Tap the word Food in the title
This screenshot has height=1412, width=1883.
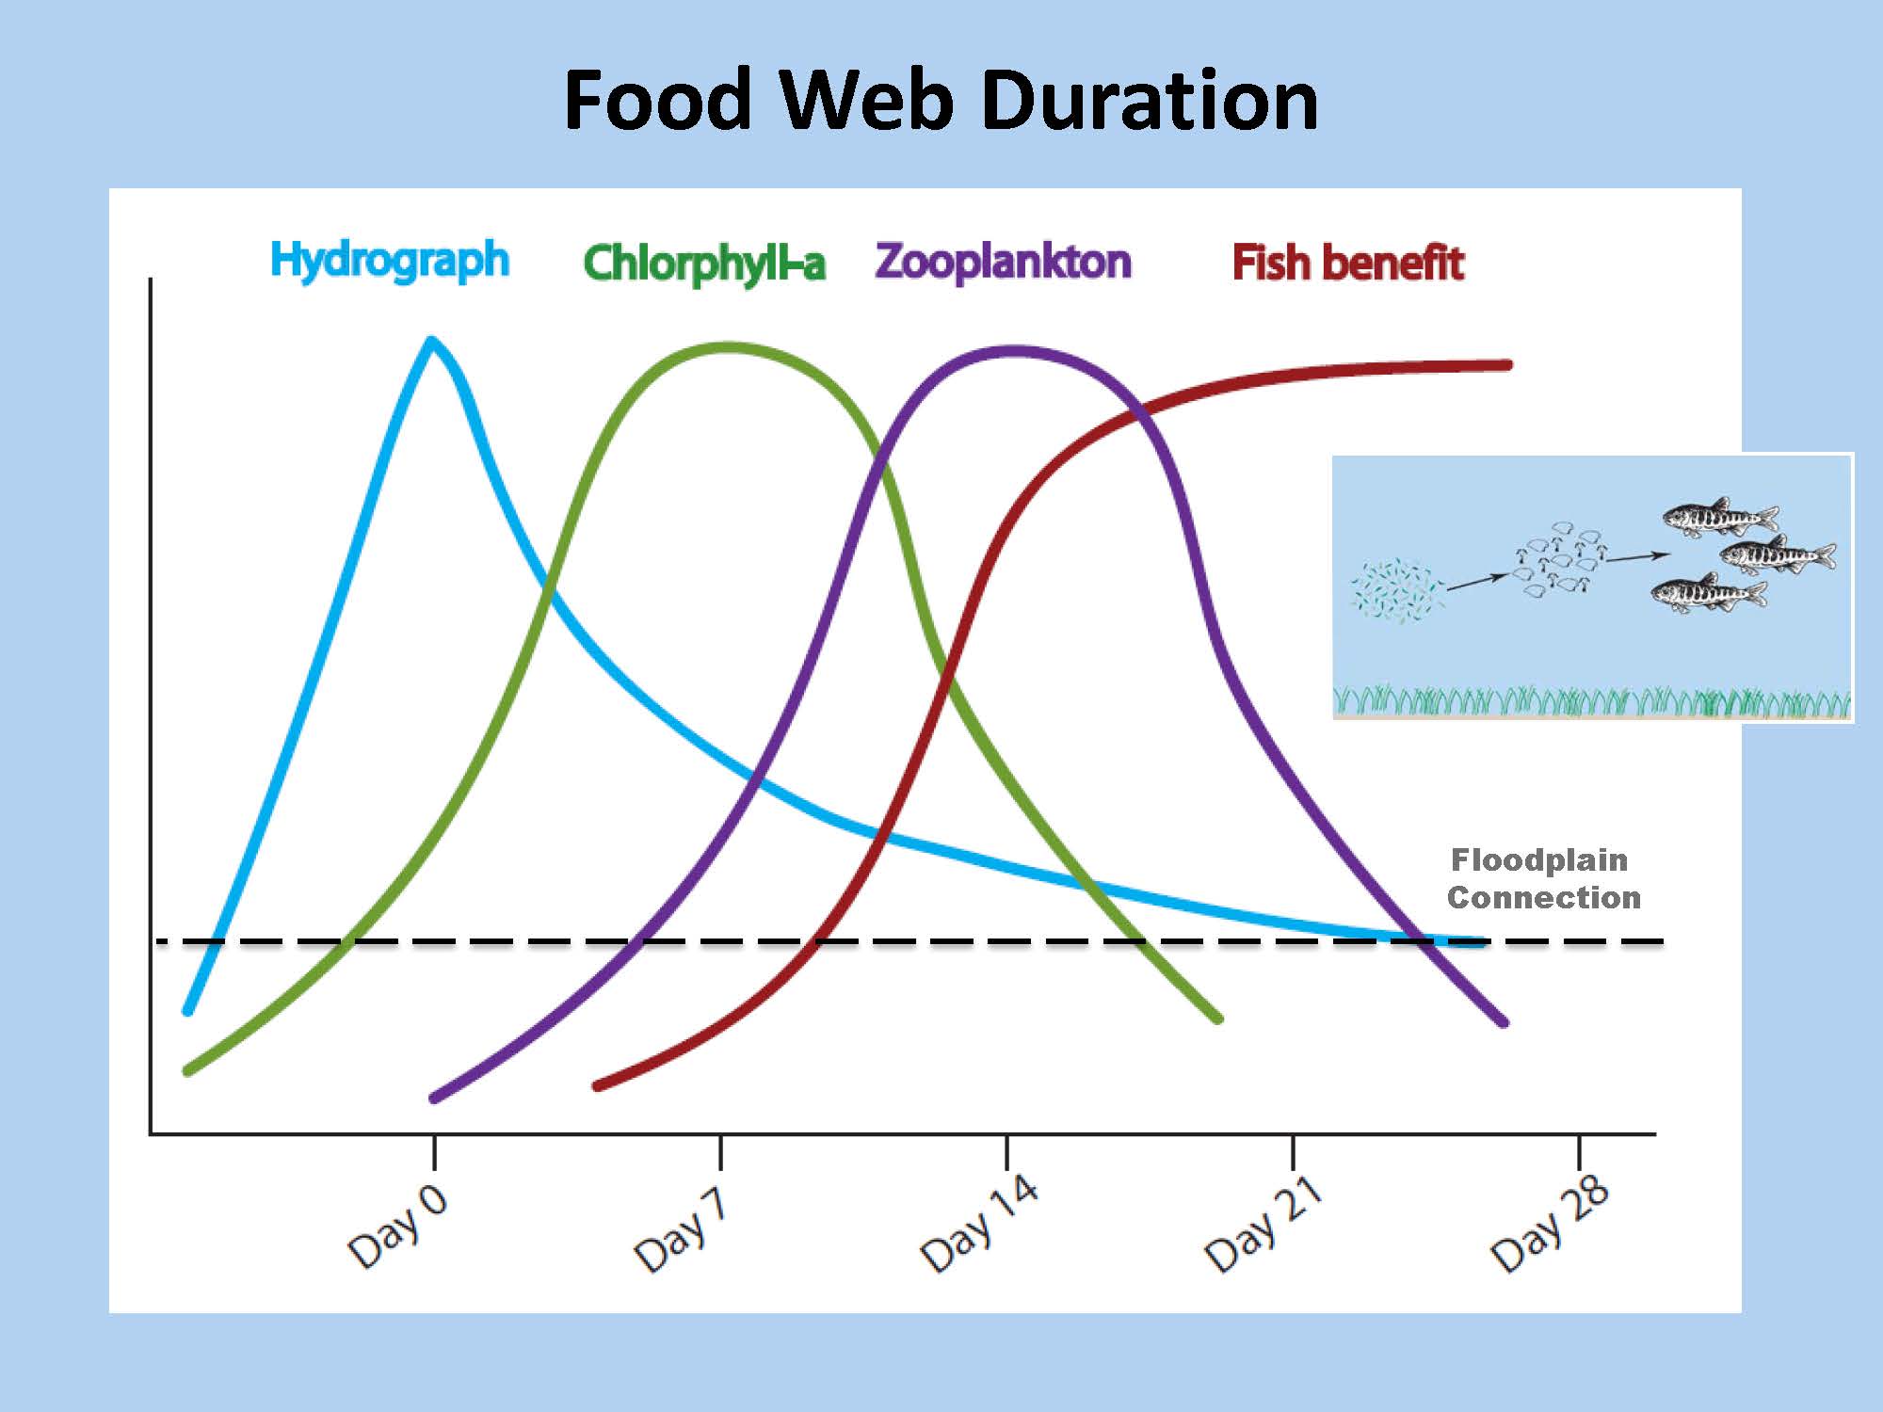(657, 100)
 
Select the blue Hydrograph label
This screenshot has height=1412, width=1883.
(390, 261)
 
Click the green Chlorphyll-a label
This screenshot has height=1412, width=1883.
(704, 264)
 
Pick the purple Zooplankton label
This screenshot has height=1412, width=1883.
(1003, 262)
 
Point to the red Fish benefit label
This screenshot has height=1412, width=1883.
(1348, 263)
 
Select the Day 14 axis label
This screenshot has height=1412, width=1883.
(979, 1222)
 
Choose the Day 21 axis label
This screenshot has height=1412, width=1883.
(1263, 1222)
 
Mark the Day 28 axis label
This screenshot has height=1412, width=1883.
(1550, 1222)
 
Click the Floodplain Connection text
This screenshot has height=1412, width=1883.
(1544, 878)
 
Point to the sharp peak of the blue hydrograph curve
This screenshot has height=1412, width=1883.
(432, 339)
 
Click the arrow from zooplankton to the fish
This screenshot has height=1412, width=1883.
(1638, 557)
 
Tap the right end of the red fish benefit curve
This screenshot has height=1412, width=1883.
(1508, 364)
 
